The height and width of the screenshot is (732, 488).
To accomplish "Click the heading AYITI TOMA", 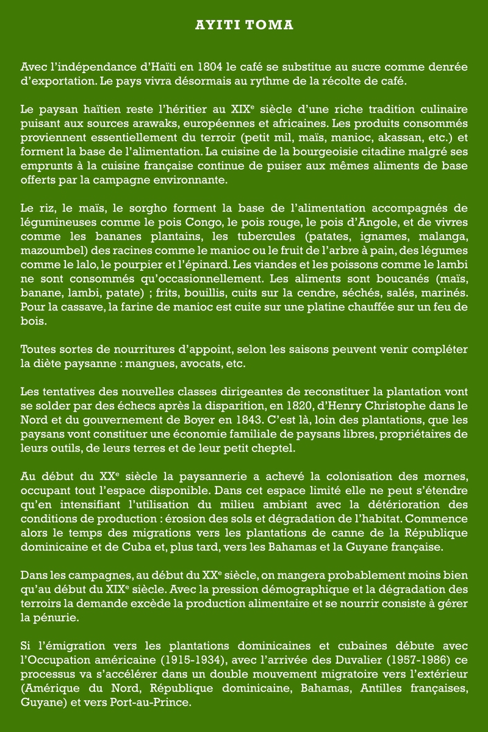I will coord(244,26).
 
